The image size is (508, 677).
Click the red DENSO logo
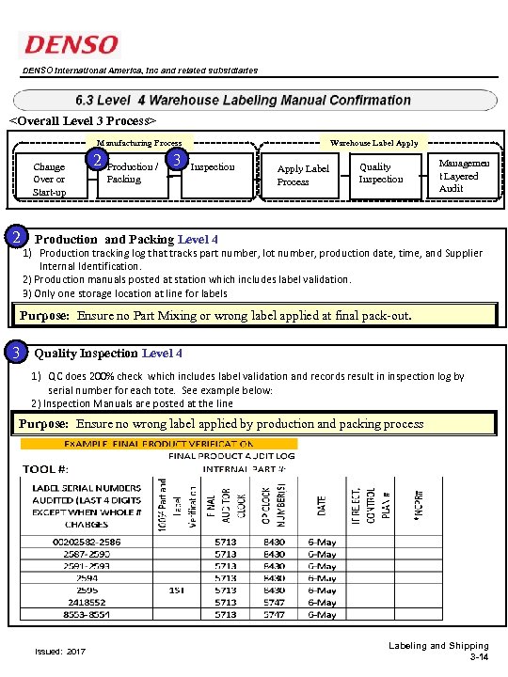pos(71,44)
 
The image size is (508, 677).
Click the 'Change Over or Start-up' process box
pos(49,179)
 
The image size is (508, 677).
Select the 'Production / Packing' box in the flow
pos(131,173)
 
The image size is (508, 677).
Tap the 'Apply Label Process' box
pos(303,175)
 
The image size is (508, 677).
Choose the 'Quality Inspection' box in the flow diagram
pos(381,173)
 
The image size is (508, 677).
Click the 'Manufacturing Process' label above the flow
pos(139,143)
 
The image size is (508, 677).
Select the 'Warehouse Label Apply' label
pos(373,143)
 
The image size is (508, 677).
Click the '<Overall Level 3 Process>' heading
pos(83,121)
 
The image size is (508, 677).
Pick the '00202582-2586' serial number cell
pos(87,542)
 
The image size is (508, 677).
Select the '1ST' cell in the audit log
pos(176,590)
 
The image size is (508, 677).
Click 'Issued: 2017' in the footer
pos(59,651)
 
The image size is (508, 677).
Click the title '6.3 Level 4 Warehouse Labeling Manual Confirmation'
pos(243,100)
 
